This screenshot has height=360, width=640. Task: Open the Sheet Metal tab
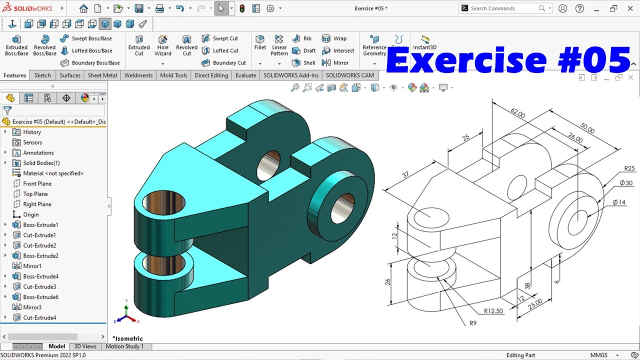tap(102, 75)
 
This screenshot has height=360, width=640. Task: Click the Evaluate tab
tap(245, 75)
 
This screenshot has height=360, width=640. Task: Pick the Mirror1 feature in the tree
tap(32, 266)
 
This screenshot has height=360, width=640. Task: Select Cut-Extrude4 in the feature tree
tap(39, 317)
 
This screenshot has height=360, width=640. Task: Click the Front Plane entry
tap(37, 183)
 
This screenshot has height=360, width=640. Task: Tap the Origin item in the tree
tap(31, 214)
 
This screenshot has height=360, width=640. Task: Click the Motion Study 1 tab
tap(124, 346)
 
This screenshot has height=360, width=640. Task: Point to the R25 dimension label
tap(629, 168)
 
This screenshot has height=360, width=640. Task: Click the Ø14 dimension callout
tap(619, 202)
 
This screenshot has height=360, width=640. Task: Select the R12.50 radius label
tap(493, 311)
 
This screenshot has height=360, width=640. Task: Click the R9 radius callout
tap(473, 323)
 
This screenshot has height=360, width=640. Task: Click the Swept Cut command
tap(225, 38)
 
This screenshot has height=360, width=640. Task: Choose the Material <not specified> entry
tap(53, 173)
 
